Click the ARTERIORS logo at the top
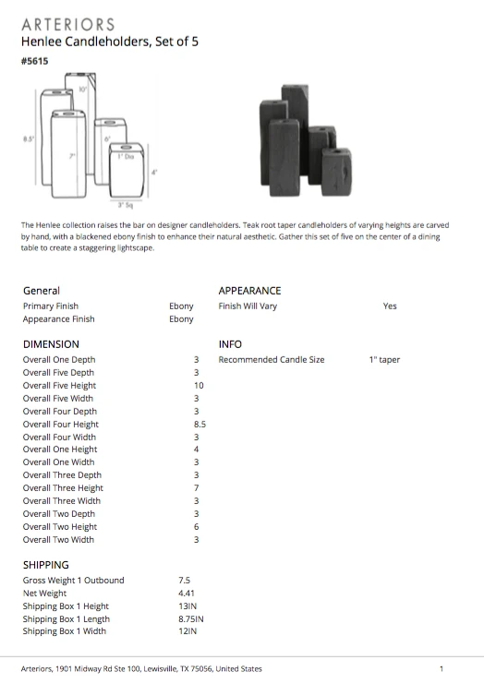pyautogui.click(x=67, y=24)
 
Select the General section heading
pyautogui.click(x=42, y=290)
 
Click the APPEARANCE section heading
pyautogui.click(x=249, y=290)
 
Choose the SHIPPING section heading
pyautogui.click(x=46, y=564)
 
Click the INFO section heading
pyautogui.click(x=230, y=343)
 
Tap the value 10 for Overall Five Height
pyautogui.click(x=198, y=386)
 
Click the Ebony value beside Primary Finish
pyautogui.click(x=181, y=306)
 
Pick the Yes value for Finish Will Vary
pyautogui.click(x=390, y=306)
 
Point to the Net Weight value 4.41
pyautogui.click(x=188, y=593)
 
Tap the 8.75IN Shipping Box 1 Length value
pyautogui.click(x=193, y=618)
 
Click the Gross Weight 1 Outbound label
pyautogui.click(x=73, y=580)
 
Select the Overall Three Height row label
pyautogui.click(x=63, y=488)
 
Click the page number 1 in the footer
pyautogui.click(x=442, y=668)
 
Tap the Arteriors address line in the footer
pyautogui.click(x=141, y=668)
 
